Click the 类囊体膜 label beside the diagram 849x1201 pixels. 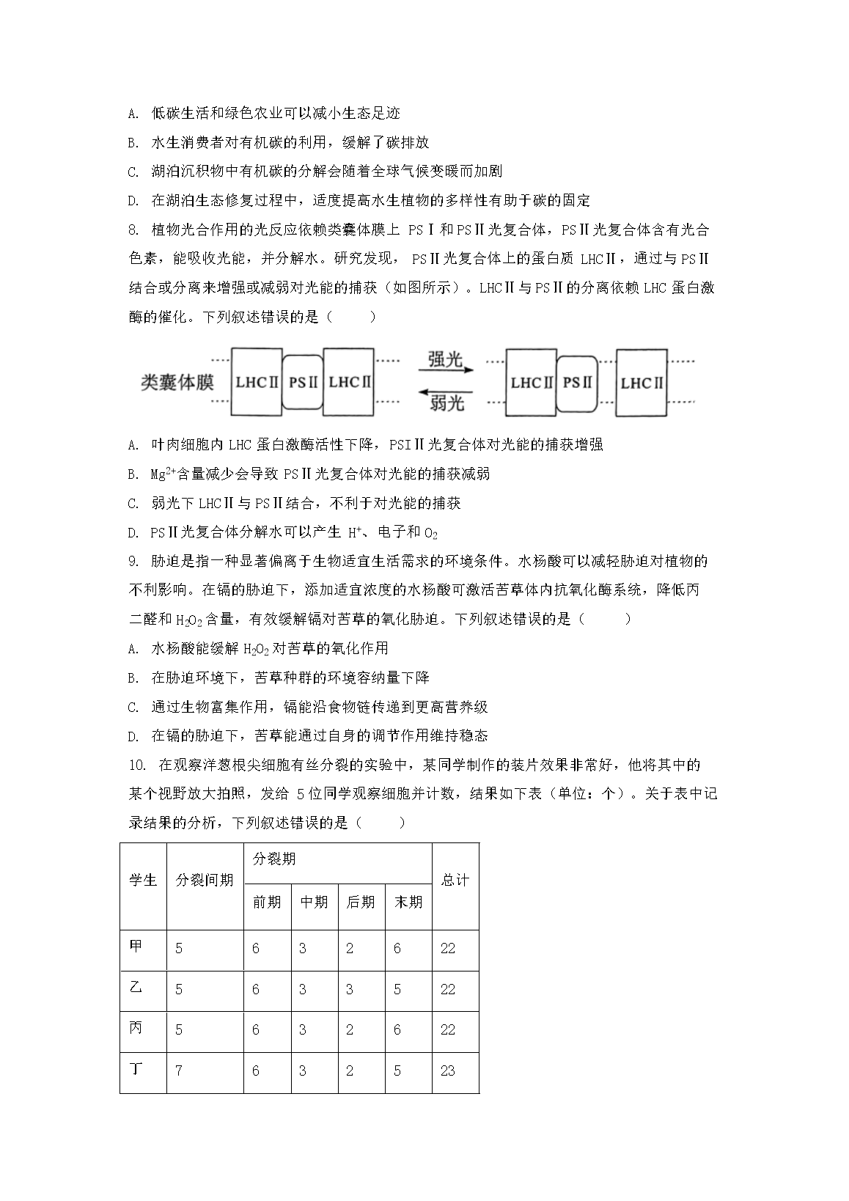tap(177, 382)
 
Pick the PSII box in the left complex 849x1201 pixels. tap(303, 382)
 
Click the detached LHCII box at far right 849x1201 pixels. tap(642, 383)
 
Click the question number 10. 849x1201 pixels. tap(136, 765)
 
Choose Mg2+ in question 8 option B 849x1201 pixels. tap(162, 474)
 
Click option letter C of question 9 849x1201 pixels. tap(133, 708)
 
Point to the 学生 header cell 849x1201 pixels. tap(143, 880)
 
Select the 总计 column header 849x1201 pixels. tap(455, 880)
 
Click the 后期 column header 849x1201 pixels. tap(361, 902)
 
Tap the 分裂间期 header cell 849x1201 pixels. tap(205, 880)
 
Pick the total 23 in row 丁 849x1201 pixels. tap(448, 1070)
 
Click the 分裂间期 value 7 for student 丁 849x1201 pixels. tap(179, 1070)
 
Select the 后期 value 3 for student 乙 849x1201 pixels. tap(350, 989)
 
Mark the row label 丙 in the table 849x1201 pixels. tap(136, 1029)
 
